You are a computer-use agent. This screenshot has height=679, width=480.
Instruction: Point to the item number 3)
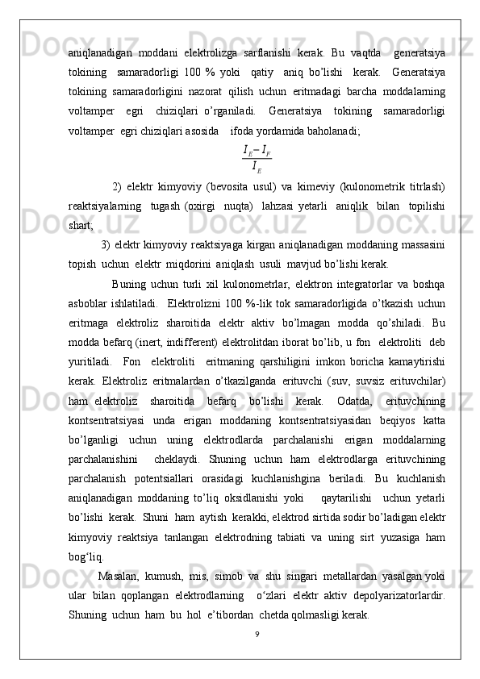pos(106,245)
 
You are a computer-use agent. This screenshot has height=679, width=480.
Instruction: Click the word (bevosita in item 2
pos(234,187)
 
